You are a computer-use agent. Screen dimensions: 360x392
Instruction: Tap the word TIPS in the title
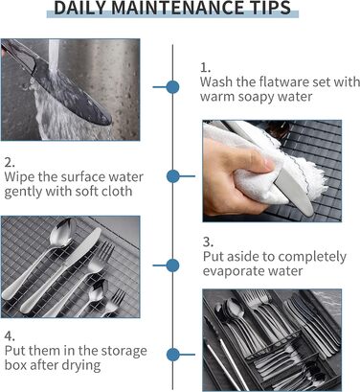(x=272, y=8)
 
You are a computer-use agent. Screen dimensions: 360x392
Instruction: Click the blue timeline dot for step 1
(x=173, y=87)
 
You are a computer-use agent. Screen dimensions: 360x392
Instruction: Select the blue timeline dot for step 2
(x=173, y=176)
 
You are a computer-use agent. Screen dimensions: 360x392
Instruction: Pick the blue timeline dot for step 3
(x=173, y=265)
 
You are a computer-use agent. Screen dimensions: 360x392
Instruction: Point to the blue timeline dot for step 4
(x=173, y=355)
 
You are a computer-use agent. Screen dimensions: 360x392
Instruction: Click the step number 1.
(x=205, y=67)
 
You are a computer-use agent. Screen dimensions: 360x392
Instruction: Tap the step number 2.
(x=10, y=162)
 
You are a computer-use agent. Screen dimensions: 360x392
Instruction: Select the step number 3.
(x=208, y=242)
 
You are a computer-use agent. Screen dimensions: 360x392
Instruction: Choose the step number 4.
(x=10, y=336)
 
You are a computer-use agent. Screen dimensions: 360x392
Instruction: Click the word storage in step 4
(x=124, y=351)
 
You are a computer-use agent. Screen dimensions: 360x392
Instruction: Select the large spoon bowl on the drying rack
(x=63, y=232)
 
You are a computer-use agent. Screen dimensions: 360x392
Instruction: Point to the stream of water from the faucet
(x=54, y=57)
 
